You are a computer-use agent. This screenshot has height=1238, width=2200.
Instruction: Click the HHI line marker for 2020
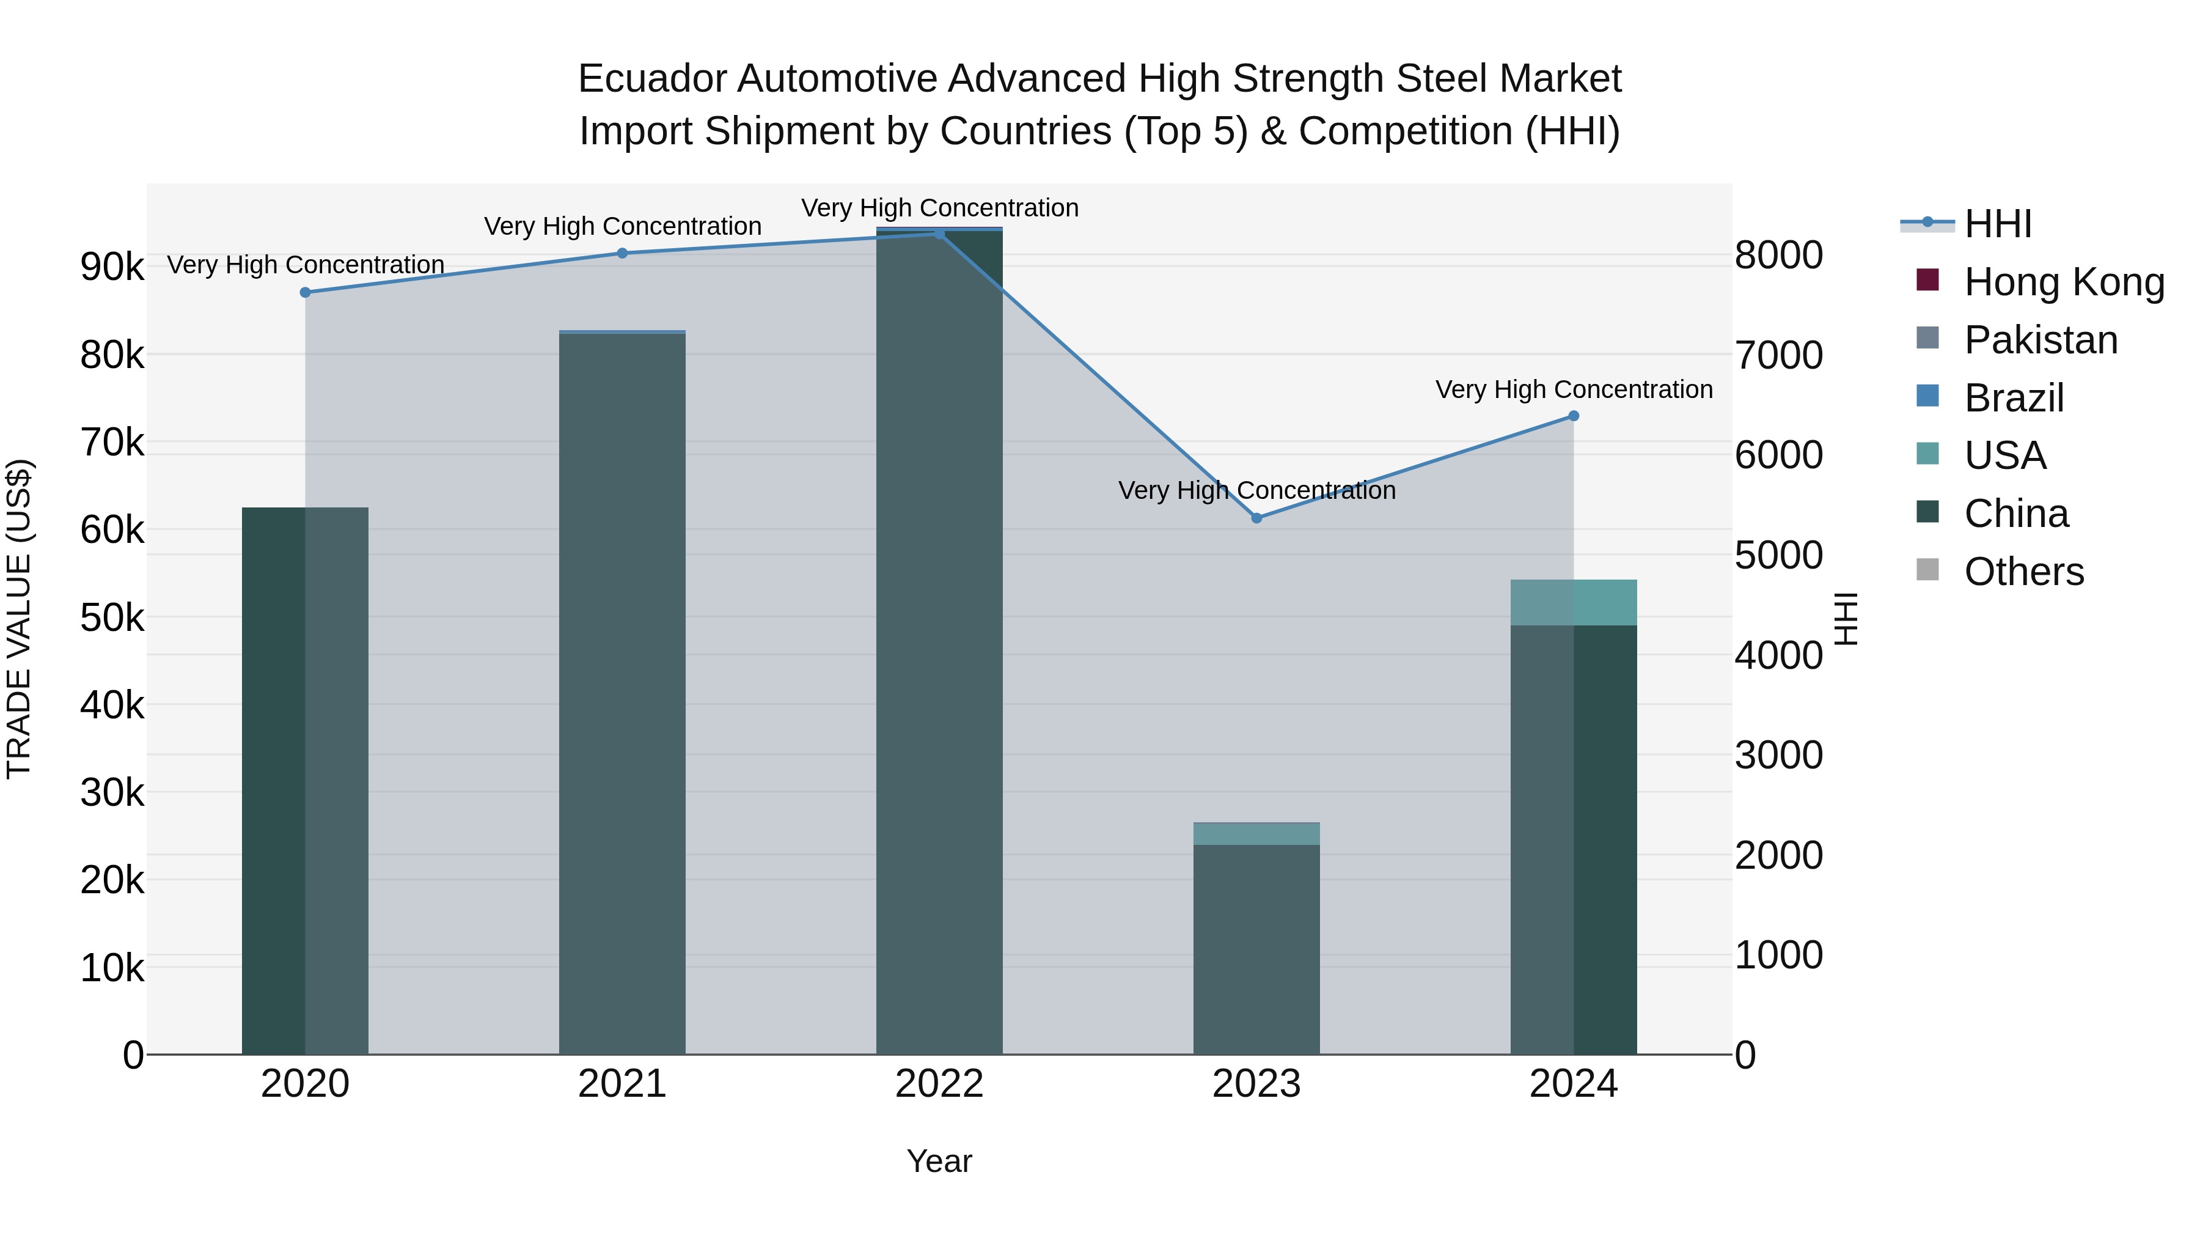305,292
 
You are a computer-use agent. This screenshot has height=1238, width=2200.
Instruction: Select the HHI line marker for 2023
1256,518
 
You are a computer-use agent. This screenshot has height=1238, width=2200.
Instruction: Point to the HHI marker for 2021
621,253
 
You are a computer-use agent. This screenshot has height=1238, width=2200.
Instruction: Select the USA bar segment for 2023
1256,834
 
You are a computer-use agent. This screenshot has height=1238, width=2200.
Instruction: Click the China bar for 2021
621,692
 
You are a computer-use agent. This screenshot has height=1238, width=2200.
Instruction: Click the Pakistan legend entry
2041,340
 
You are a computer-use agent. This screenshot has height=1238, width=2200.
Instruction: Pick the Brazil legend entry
2013,398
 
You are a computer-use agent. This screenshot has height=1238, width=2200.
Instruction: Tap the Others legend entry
2023,572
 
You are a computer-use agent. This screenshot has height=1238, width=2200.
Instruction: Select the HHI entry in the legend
1997,224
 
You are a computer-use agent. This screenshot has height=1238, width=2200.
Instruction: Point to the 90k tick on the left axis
112,267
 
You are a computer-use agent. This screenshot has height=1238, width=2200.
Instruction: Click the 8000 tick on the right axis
1779,256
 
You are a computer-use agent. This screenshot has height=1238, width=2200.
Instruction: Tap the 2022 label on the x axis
939,1084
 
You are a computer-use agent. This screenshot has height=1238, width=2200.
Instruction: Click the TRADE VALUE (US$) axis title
19,619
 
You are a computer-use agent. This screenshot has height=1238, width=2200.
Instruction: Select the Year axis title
939,1161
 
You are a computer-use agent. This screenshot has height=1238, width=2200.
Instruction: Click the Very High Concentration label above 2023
1256,490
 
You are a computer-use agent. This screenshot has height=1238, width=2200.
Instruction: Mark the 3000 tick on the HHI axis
1779,755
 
